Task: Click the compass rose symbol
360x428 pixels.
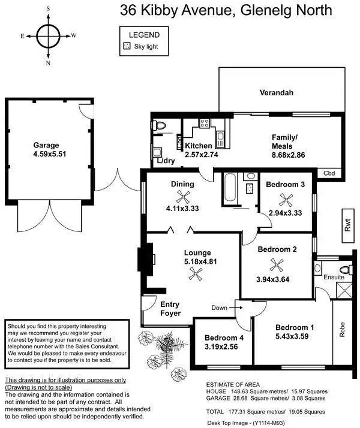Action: [47, 35]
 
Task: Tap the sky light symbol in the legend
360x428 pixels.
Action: [127, 46]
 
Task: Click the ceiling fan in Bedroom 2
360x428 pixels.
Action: [277, 264]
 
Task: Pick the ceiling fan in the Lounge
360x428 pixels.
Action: [194, 273]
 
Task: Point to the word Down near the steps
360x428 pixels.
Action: [220, 308]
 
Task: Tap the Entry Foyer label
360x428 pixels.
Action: [170, 309]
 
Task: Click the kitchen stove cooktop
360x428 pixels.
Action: [205, 124]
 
